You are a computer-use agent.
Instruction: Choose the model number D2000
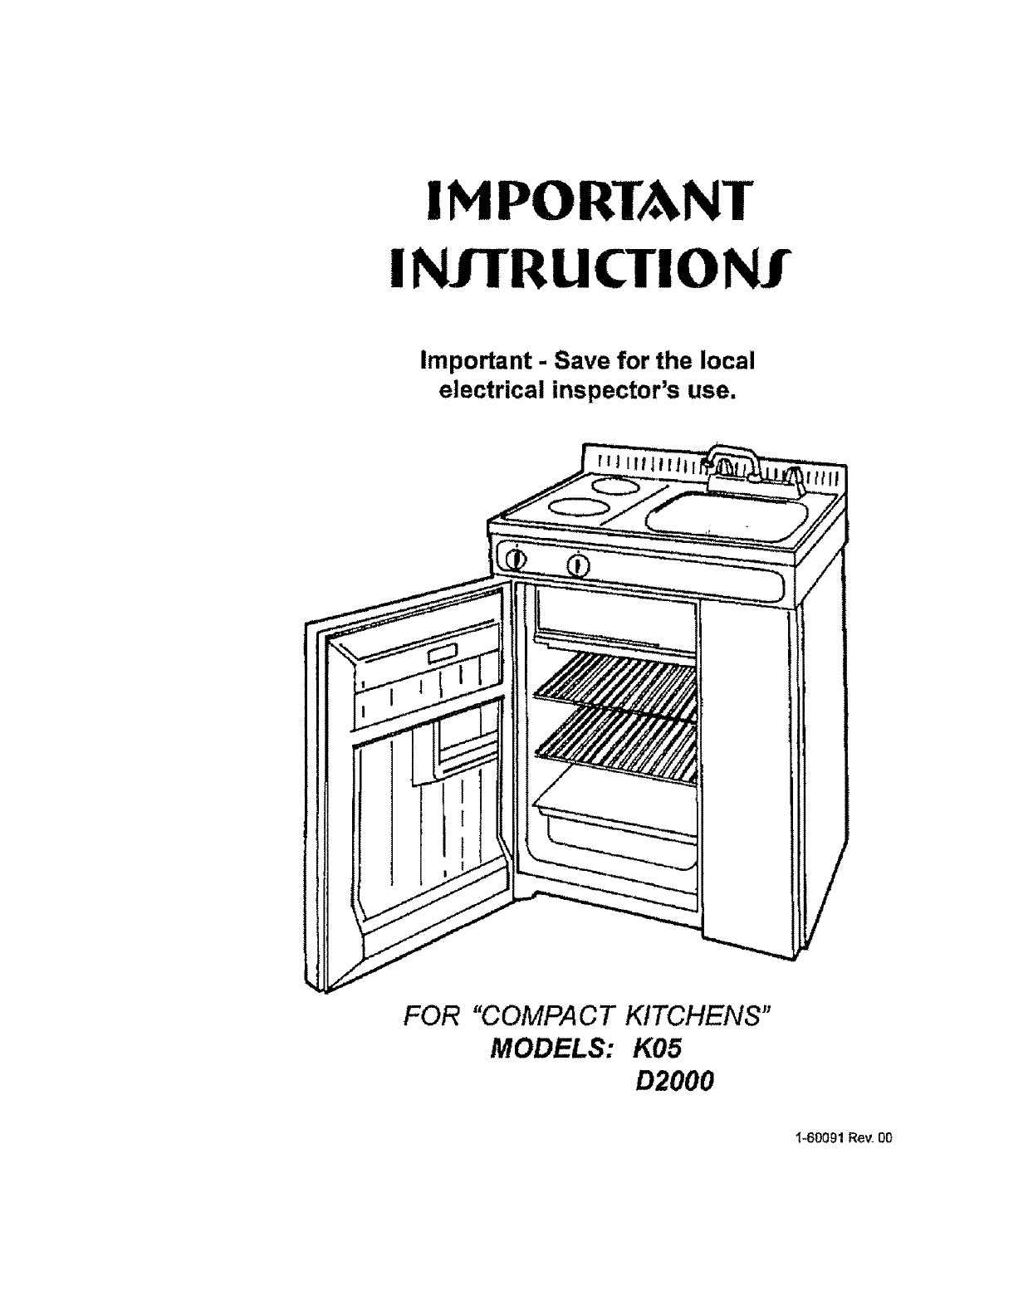pos(673,1083)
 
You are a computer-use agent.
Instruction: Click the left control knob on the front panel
pos(515,558)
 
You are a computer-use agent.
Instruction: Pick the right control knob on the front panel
pos(580,566)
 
